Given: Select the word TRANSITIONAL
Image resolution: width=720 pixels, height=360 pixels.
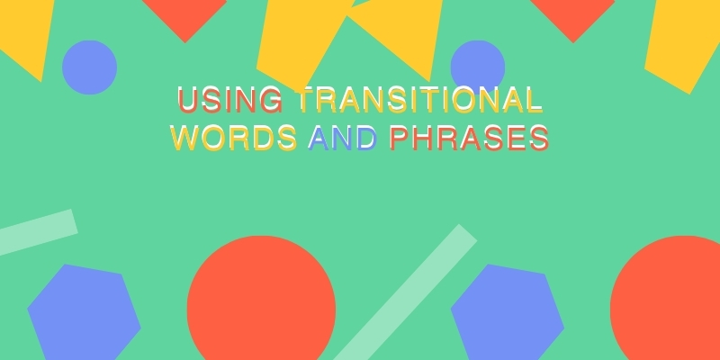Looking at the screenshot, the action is [x=420, y=100].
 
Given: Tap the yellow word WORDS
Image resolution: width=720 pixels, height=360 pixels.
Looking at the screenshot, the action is [x=234, y=138].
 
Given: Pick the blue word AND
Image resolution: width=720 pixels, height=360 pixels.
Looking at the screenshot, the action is [x=343, y=138].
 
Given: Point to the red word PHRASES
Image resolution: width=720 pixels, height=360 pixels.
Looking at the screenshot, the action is [x=469, y=138].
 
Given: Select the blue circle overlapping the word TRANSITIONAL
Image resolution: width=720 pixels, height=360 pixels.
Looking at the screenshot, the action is [x=478, y=67].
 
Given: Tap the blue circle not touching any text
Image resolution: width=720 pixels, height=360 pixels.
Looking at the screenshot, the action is [x=89, y=67].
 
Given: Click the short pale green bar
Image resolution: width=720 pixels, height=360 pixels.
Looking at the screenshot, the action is [x=37, y=232].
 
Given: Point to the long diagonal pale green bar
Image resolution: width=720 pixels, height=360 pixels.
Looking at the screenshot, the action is [x=405, y=292].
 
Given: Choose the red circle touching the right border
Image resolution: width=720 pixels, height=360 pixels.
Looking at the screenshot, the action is [x=666, y=299].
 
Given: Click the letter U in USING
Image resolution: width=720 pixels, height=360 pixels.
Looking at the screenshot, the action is [x=187, y=100].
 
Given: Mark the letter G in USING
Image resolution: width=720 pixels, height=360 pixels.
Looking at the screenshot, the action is [x=273, y=100].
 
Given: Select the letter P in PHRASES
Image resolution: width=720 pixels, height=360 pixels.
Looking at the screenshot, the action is [x=399, y=138].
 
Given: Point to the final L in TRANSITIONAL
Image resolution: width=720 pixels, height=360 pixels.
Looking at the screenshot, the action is [x=535, y=100].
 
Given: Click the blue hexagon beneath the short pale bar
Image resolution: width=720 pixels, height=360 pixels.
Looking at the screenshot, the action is [x=84, y=312].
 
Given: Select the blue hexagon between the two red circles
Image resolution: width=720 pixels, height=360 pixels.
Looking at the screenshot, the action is [x=508, y=312].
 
